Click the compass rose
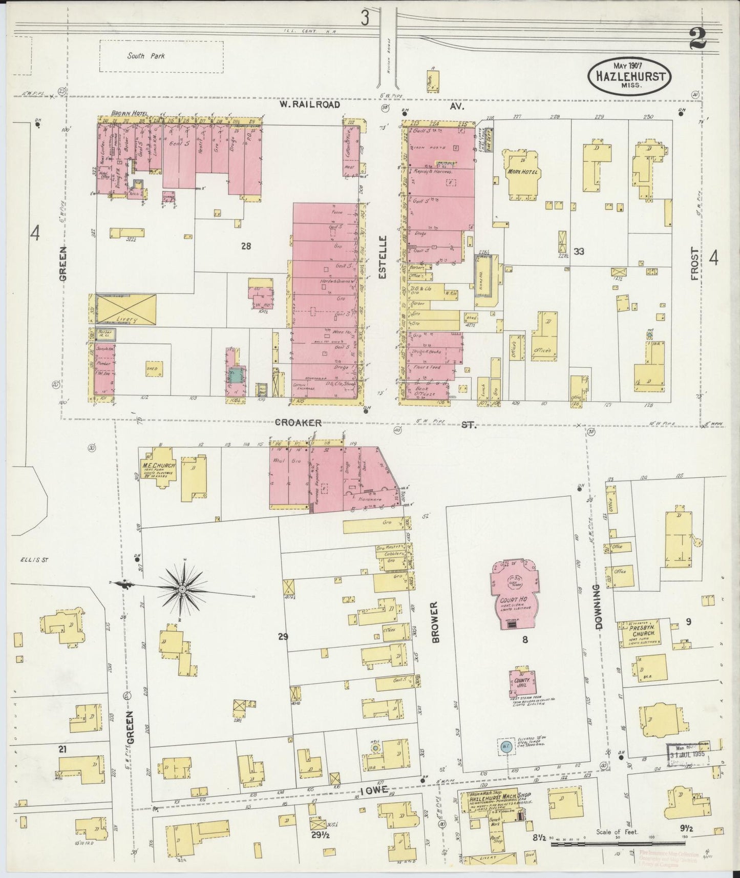[x=182, y=590]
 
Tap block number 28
[x=246, y=246]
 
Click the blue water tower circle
[x=505, y=746]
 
